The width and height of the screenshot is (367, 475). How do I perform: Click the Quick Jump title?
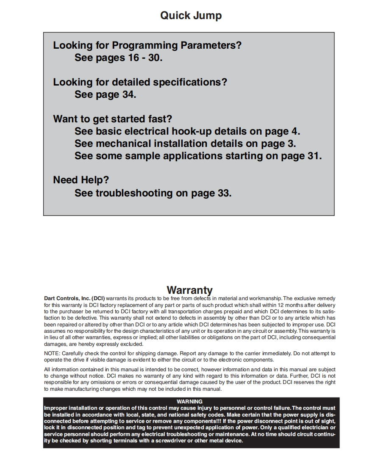click(191, 16)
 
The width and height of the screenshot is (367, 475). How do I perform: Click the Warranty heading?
click(189, 290)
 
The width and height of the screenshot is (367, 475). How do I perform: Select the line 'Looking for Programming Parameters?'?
click(147, 45)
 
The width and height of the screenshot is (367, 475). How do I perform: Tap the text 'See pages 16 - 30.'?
click(118, 58)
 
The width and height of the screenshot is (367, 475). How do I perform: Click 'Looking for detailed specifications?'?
click(140, 82)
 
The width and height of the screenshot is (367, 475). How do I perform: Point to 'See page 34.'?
click(105, 94)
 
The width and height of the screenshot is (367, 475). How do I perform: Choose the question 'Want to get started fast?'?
click(112, 119)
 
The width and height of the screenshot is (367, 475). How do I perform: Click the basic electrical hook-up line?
click(187, 131)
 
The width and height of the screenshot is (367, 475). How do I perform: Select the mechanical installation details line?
click(185, 144)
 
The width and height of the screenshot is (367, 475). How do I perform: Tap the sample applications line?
click(198, 156)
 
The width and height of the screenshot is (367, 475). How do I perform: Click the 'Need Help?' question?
click(81, 180)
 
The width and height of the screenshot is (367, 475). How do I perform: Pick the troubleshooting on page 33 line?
click(153, 193)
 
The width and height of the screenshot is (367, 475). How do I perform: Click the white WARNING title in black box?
click(189, 401)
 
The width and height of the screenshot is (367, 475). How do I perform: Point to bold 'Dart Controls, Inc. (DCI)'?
click(74, 298)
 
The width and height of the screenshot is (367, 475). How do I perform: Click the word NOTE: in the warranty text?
click(52, 353)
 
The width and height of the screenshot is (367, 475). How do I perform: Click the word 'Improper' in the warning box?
click(56, 408)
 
